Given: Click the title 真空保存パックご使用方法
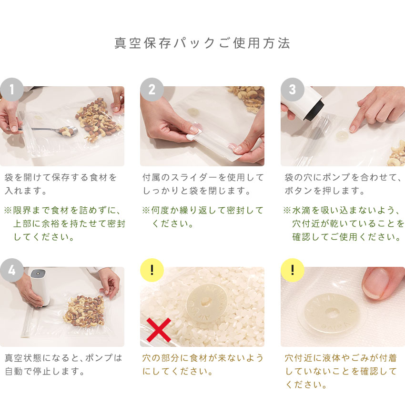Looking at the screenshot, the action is pyautogui.click(x=202, y=43).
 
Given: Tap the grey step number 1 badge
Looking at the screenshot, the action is pyautogui.click(x=12, y=90).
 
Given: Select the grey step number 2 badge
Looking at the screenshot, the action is pyautogui.click(x=152, y=90).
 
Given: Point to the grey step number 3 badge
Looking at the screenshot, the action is pyautogui.click(x=293, y=90).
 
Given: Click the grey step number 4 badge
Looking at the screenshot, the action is pyautogui.click(x=12, y=270).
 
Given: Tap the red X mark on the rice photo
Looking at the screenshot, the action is pyautogui.click(x=159, y=330).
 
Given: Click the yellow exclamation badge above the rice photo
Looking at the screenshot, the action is pyautogui.click(x=152, y=270).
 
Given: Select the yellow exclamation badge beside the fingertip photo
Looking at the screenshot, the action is pyautogui.click(x=293, y=270).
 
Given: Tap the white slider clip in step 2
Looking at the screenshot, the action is pyautogui.click(x=194, y=134).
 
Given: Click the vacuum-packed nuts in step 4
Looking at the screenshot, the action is pyautogui.click(x=84, y=312).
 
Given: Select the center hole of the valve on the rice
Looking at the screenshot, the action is pyautogui.click(x=205, y=301).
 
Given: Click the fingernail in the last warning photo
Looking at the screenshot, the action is pyautogui.click(x=374, y=283).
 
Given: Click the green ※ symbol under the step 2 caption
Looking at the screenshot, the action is pyautogui.click(x=146, y=210).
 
